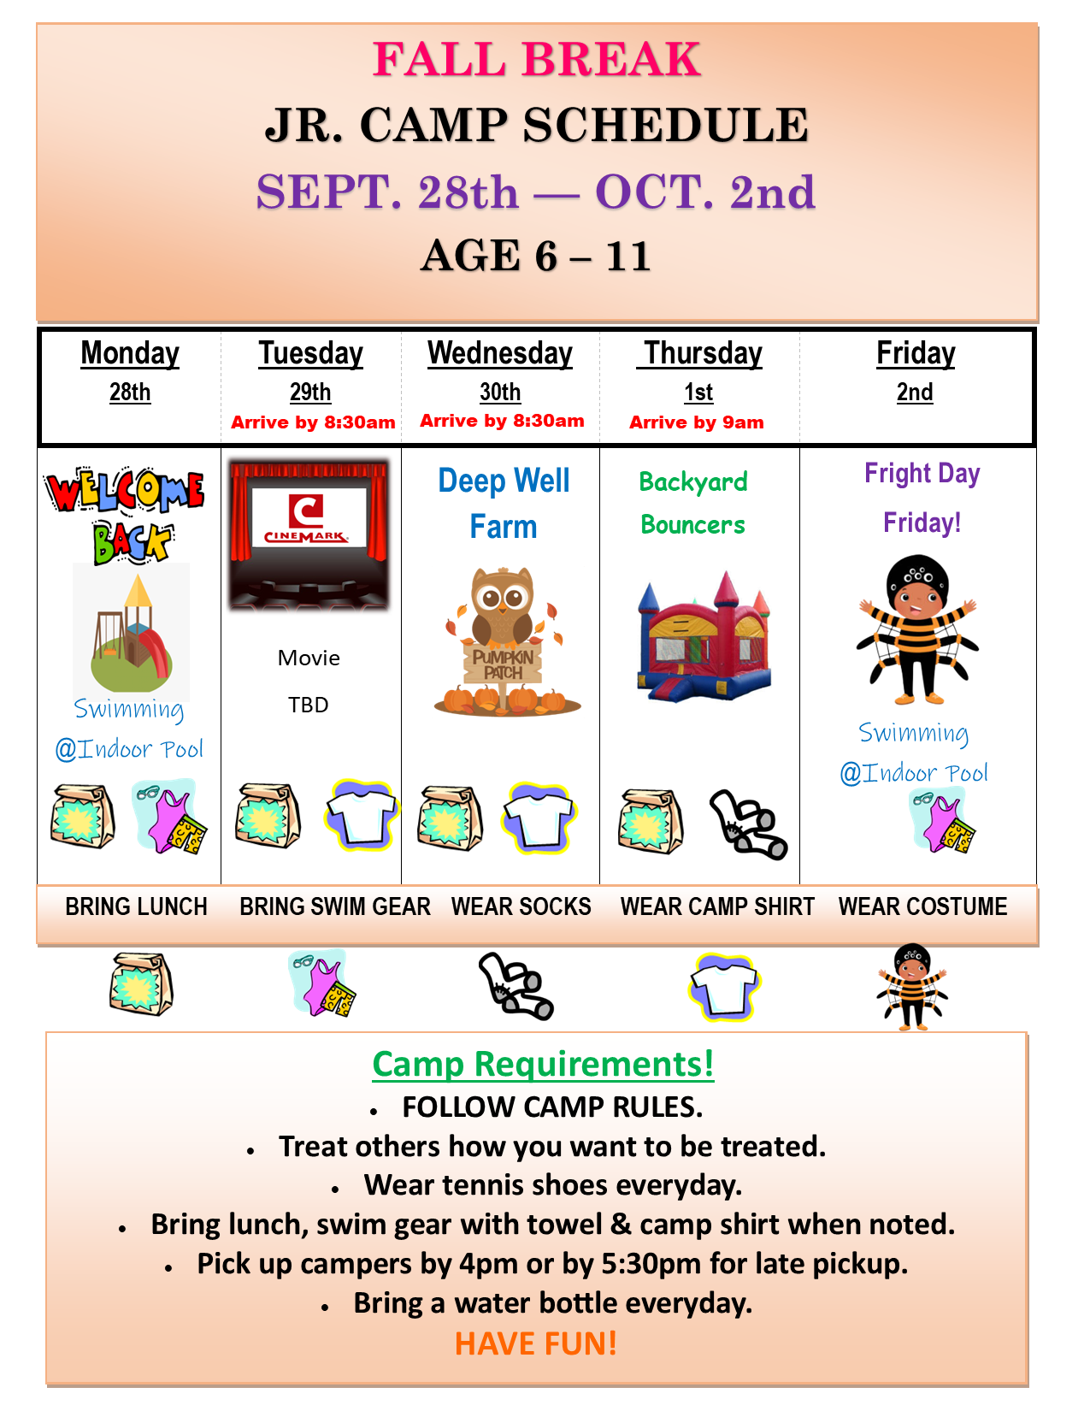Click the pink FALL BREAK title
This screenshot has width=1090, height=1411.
point(536,59)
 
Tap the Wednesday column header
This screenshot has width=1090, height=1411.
point(500,354)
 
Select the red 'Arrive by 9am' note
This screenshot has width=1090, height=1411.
point(696,422)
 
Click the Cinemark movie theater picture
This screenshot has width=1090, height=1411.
point(309,534)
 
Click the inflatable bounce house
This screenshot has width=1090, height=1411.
point(705,636)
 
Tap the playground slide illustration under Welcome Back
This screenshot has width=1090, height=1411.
point(132,633)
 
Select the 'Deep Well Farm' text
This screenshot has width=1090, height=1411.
point(504,503)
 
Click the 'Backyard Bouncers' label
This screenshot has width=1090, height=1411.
point(693,503)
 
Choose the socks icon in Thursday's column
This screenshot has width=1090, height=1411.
point(749,824)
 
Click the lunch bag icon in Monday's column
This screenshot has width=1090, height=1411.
point(83,816)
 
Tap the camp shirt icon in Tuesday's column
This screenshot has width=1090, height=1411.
point(362,816)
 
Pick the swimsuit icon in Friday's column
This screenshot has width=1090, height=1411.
point(943,820)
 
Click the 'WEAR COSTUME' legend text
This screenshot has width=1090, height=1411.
point(922,906)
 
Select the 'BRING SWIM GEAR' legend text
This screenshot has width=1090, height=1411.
point(335,906)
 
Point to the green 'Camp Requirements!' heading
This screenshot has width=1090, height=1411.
point(544,1064)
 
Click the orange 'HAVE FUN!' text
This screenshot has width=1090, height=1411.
point(535,1343)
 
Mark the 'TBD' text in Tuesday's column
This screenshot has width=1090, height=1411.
point(309,705)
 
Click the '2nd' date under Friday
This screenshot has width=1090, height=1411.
point(915,393)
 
